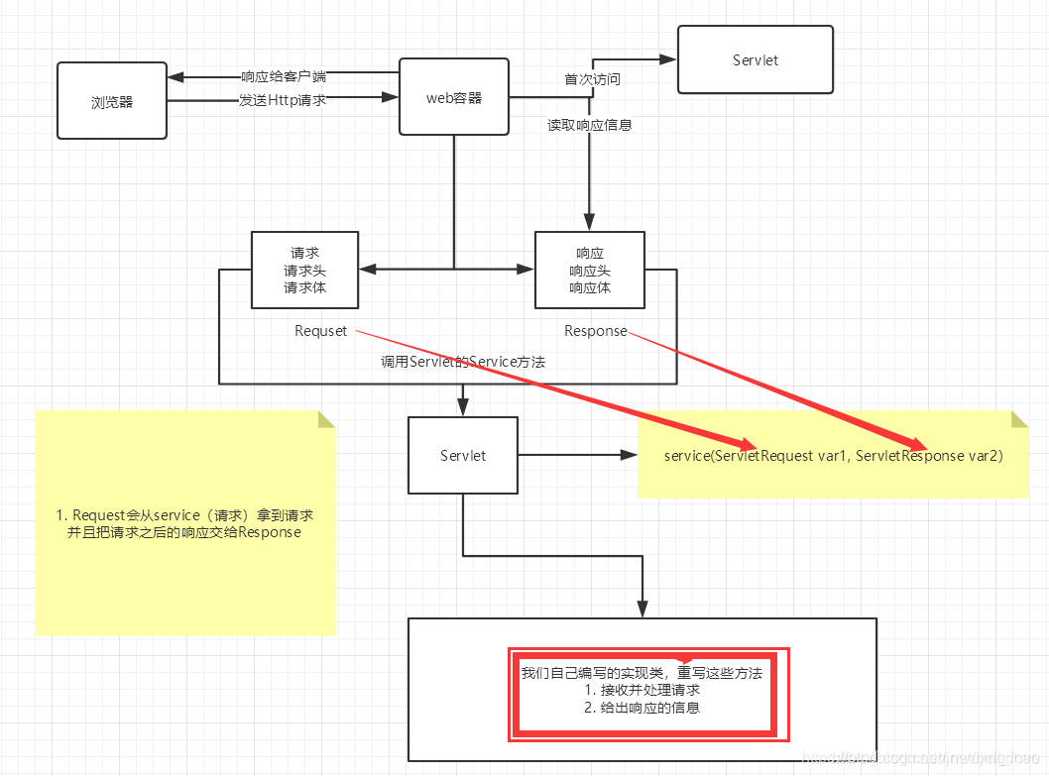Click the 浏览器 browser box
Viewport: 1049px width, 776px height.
pyautogui.click(x=111, y=100)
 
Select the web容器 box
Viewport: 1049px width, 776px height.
pyautogui.click(x=453, y=97)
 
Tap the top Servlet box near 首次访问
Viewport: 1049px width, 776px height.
pyautogui.click(x=755, y=59)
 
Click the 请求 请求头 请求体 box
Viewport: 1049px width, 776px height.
pyautogui.click(x=304, y=270)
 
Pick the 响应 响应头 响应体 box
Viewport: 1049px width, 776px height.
pyautogui.click(x=589, y=270)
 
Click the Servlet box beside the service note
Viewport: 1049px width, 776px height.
pyautogui.click(x=463, y=455)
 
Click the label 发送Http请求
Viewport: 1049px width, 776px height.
pyautogui.click(x=283, y=99)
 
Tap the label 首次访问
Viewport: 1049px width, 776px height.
pyautogui.click(x=592, y=78)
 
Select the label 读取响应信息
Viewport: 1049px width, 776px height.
pyautogui.click(x=590, y=125)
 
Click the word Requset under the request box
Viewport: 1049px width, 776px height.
pyautogui.click(x=320, y=331)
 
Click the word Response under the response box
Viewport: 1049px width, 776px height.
pyautogui.click(x=595, y=331)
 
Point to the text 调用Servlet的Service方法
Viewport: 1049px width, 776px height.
pyautogui.click(x=463, y=362)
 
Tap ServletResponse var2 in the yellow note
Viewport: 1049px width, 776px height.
pyautogui.click(x=929, y=456)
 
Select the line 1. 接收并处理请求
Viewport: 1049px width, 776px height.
pyautogui.click(x=641, y=690)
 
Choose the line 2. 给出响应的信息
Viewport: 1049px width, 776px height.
pyautogui.click(x=641, y=708)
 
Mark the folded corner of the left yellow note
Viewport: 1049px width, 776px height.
pyautogui.click(x=326, y=419)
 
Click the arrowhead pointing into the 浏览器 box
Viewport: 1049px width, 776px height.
pyautogui.click(x=175, y=77)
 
